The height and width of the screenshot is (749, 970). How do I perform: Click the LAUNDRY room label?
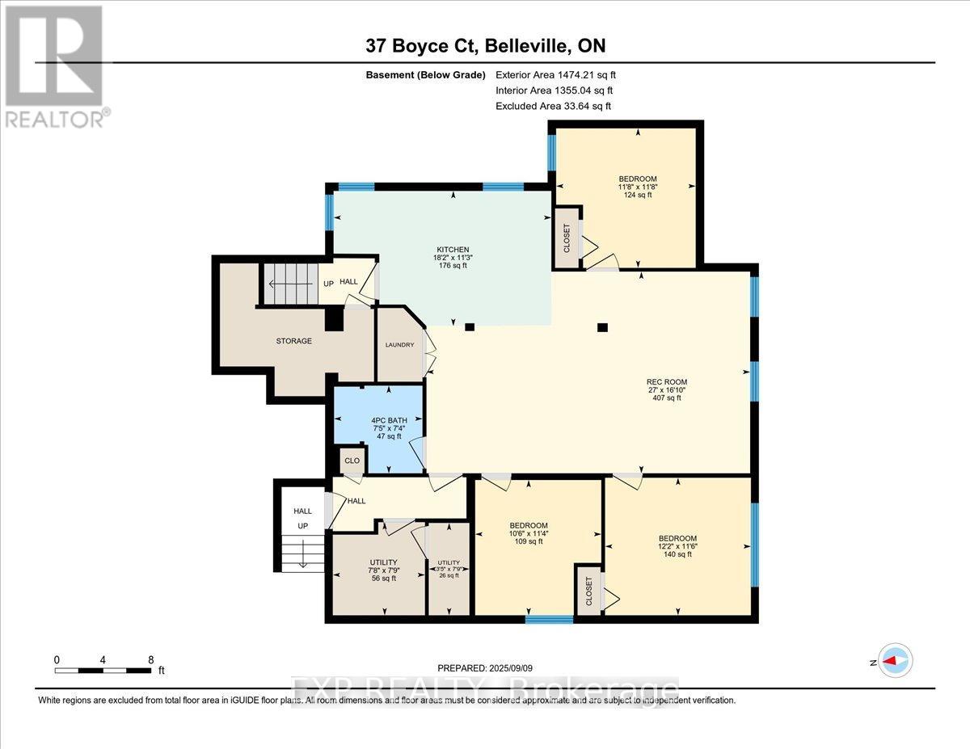point(399,345)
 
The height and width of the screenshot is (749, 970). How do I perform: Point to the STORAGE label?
point(293,341)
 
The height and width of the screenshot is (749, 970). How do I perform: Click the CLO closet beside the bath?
point(352,461)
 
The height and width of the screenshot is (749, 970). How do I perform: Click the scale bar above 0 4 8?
point(103,670)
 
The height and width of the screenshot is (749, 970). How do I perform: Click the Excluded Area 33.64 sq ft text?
point(554,106)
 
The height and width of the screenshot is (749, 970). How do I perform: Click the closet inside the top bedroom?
point(566,238)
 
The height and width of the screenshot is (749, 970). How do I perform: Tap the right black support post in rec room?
point(601,327)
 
